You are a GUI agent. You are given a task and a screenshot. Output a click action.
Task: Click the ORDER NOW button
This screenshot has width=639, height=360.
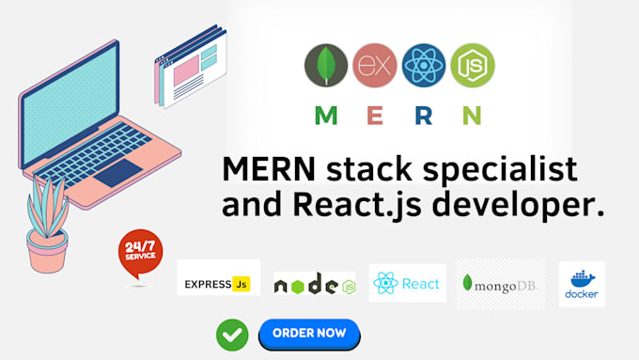click(x=309, y=333)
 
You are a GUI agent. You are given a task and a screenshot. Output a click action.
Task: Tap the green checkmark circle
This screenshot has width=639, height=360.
click(x=232, y=334)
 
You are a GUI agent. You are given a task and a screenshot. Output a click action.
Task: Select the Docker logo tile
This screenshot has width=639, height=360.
click(x=581, y=284)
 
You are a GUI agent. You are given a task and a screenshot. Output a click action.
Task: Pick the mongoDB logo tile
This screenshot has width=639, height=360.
click(x=500, y=284)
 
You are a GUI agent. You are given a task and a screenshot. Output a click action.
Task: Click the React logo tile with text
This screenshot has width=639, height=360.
click(x=407, y=283)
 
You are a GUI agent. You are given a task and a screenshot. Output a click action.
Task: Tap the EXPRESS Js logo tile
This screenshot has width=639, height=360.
click(x=218, y=279)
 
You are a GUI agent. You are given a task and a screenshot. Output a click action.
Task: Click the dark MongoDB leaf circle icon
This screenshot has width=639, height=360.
click(x=326, y=65)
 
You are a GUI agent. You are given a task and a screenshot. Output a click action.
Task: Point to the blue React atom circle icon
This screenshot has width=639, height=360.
click(x=424, y=65)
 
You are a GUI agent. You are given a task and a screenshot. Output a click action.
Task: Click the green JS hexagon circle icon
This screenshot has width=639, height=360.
click(x=472, y=65)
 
